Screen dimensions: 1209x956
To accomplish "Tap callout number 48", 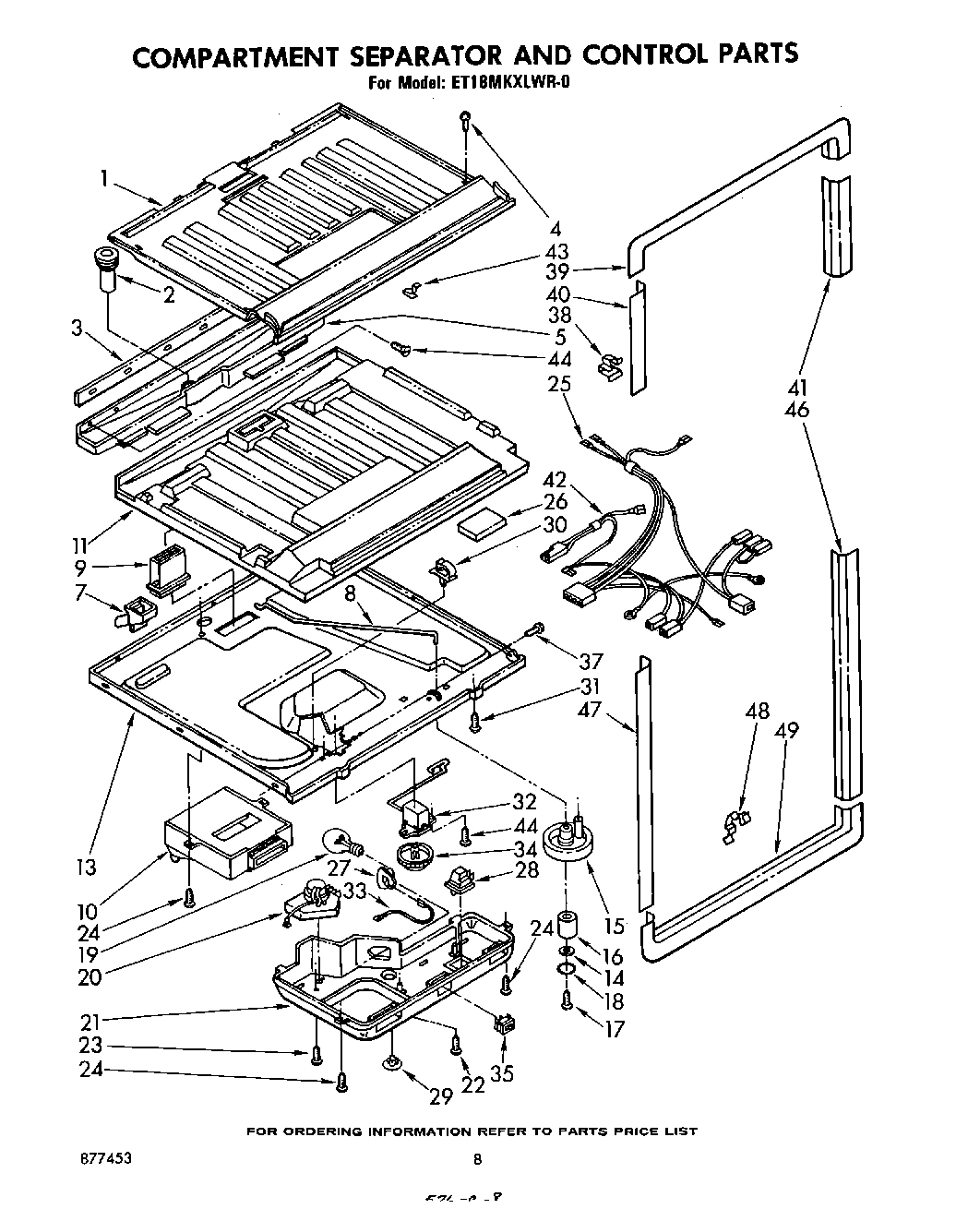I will [x=757, y=712].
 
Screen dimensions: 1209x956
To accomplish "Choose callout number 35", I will [x=502, y=1073].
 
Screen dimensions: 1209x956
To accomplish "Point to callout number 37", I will [x=591, y=661].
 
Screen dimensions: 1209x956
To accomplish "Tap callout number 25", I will [x=559, y=384].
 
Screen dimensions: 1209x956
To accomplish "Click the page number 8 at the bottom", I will [x=478, y=1159].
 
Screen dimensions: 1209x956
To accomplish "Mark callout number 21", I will [x=90, y=1021].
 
